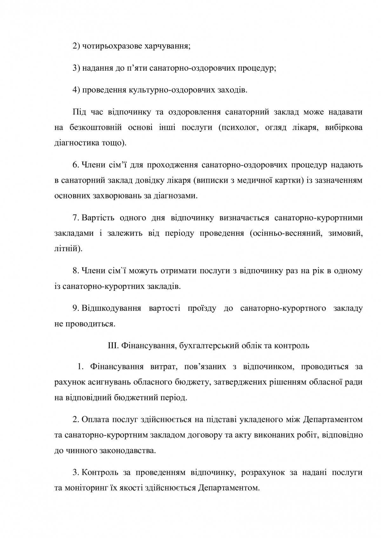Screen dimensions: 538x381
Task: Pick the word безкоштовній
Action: tap(96, 127)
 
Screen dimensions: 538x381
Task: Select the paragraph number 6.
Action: tap(76, 165)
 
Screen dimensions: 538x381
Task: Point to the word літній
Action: tap(68, 249)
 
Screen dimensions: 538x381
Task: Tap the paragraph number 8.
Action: tap(76, 271)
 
